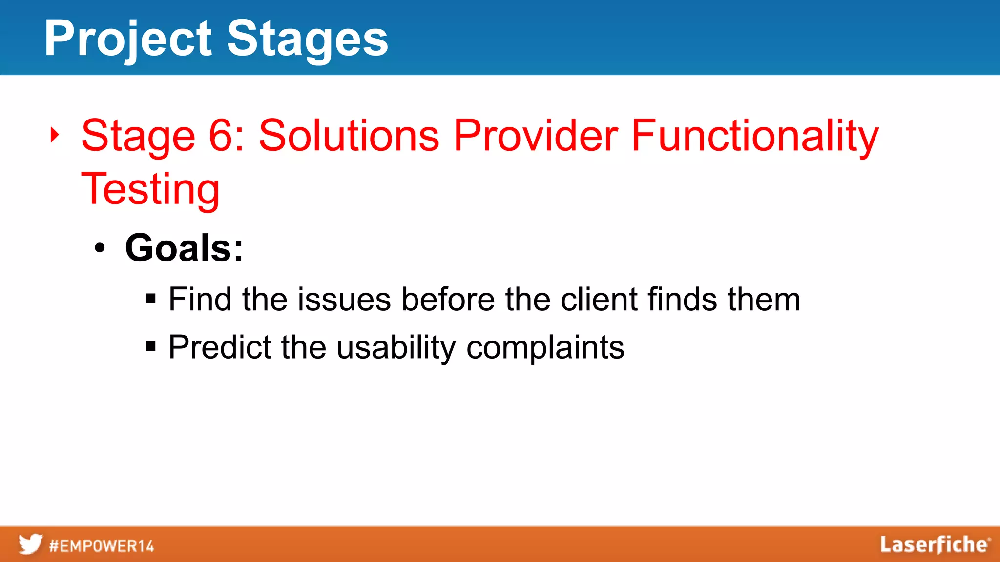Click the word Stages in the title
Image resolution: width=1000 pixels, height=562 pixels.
[308, 39]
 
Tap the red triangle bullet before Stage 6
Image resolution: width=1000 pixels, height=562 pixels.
[55, 135]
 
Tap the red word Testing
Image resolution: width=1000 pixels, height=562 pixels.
[150, 189]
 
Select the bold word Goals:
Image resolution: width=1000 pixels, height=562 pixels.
[184, 248]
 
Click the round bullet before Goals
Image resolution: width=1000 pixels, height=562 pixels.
[100, 248]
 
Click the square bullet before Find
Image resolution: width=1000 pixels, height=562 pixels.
[150, 299]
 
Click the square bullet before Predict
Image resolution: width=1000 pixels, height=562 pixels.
[150, 347]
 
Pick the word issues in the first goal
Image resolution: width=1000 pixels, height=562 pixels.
[344, 299]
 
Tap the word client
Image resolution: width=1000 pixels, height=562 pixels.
[599, 299]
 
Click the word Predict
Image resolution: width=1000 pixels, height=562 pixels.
[220, 347]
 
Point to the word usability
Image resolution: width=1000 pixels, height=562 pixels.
[396, 347]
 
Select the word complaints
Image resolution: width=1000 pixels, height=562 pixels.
[545, 347]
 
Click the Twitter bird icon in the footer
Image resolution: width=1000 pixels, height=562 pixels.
[30, 544]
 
